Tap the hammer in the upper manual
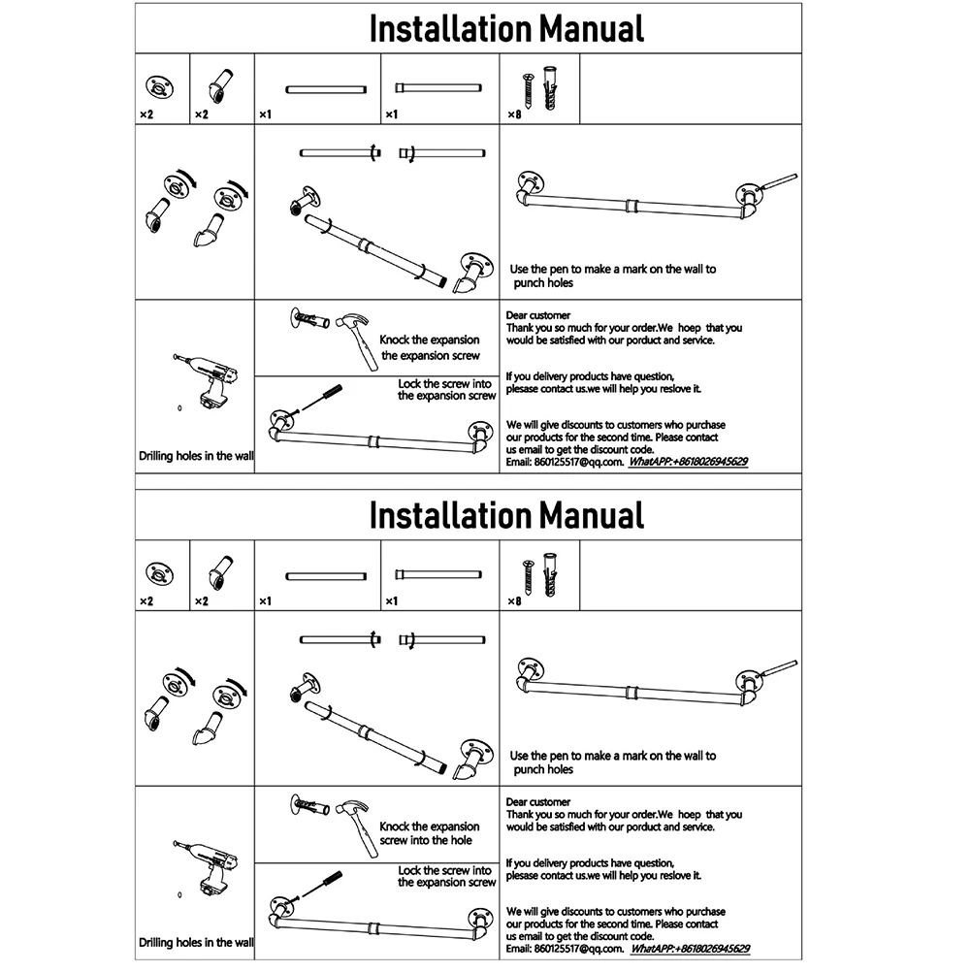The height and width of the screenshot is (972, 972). (357, 340)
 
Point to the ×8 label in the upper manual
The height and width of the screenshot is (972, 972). (514, 114)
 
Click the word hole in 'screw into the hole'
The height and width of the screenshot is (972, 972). (461, 840)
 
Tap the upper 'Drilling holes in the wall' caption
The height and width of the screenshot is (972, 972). (196, 456)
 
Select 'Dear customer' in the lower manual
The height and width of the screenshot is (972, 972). (538, 802)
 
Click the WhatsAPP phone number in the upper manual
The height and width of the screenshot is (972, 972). (689, 463)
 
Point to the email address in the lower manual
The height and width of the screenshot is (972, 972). (578, 949)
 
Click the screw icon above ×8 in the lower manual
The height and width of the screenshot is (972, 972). (530, 578)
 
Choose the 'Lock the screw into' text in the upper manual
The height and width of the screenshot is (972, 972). (446, 384)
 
